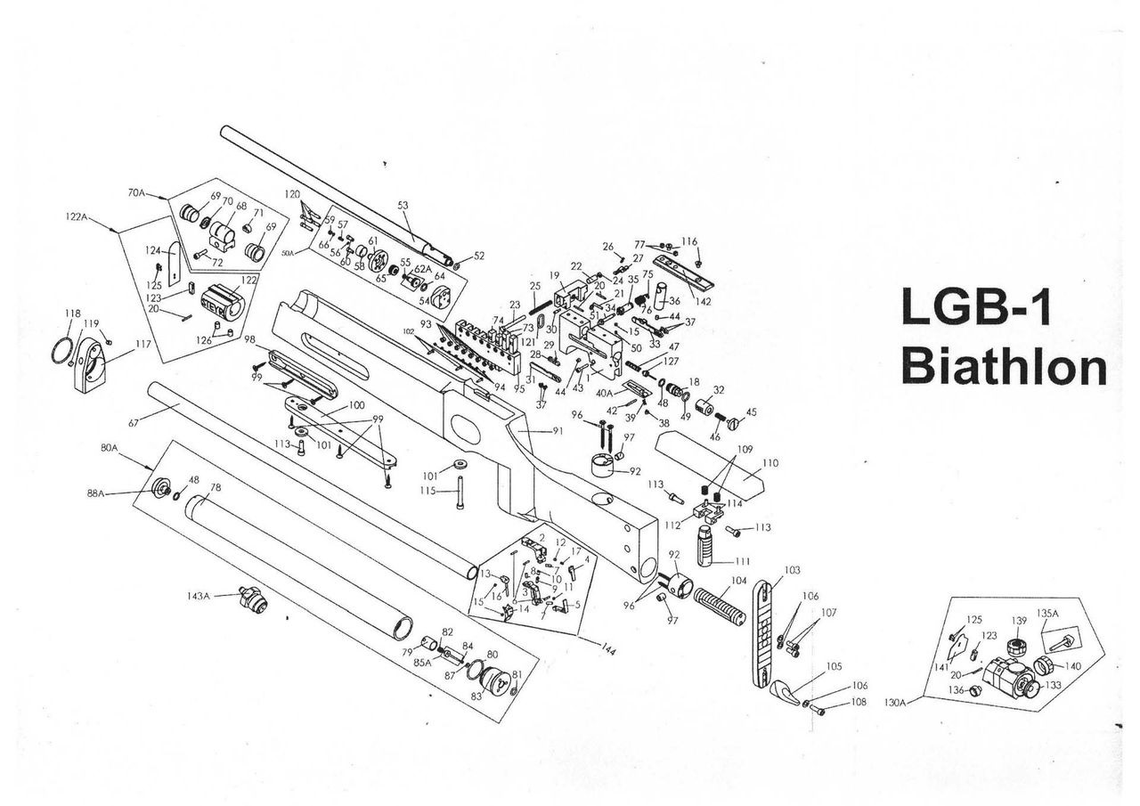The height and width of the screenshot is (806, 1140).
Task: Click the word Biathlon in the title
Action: click(1004, 367)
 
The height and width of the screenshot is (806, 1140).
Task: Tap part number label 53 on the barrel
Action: click(403, 206)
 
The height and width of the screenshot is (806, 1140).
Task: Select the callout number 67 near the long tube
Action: click(135, 422)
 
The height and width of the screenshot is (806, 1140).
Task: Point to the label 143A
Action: click(199, 596)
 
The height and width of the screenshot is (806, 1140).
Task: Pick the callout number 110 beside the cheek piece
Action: click(769, 463)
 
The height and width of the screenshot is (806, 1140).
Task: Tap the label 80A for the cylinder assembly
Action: click(110, 448)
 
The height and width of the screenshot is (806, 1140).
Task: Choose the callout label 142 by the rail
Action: click(704, 302)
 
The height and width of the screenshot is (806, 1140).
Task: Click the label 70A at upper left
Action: click(136, 192)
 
